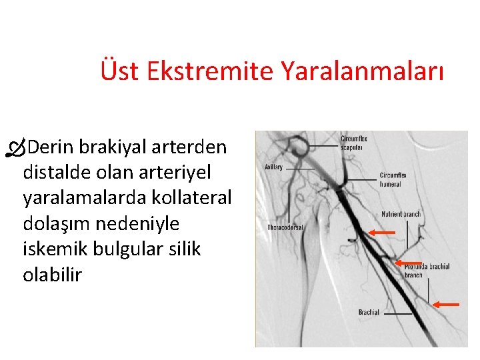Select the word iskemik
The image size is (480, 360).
57,247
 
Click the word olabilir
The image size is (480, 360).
52,273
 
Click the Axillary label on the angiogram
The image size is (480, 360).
275,167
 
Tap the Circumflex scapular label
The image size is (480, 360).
353,142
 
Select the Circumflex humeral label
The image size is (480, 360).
393,179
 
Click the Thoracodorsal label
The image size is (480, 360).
285,228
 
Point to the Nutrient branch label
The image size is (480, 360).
401,214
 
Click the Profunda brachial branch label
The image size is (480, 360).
427,271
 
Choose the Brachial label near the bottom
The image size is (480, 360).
369,312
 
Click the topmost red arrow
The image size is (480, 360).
383,233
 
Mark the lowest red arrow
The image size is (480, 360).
447,305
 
